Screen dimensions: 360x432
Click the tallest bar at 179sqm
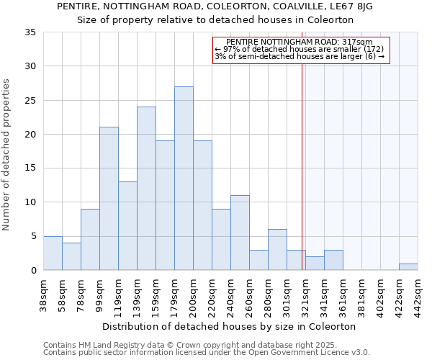click(184, 178)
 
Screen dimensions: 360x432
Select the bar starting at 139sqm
click(146, 188)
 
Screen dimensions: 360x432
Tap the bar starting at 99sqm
click(109, 198)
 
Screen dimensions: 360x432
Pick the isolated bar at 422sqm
click(408, 266)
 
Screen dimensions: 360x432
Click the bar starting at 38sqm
click(53, 253)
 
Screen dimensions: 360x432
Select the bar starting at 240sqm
click(240, 233)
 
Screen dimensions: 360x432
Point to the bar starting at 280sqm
click(277, 249)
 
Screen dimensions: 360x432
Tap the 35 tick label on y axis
click(30, 32)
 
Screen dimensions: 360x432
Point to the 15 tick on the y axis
click(30, 168)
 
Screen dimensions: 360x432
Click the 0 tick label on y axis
click(33, 271)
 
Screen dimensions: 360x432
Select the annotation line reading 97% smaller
click(299, 49)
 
